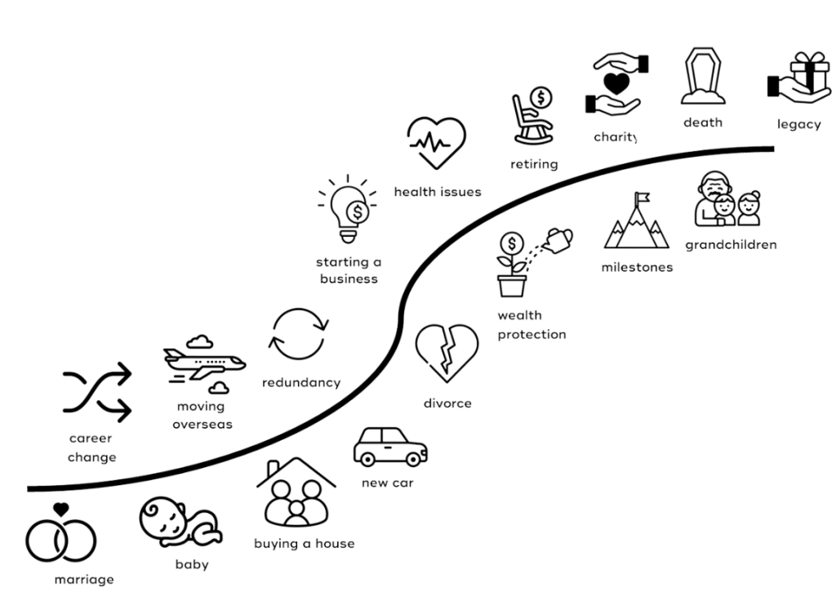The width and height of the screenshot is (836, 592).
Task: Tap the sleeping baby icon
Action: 180,523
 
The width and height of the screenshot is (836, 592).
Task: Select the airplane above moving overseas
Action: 204,363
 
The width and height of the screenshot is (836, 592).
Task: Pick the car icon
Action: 390,447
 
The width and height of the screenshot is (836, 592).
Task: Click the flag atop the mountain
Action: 642,198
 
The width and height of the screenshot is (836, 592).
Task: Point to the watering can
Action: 558,241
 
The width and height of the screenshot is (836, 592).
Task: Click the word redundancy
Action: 301,382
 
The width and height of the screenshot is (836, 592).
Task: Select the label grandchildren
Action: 731,245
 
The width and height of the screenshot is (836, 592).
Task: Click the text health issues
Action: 438,191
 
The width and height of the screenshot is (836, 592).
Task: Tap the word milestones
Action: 637,267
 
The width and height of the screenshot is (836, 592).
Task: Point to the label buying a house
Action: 305,544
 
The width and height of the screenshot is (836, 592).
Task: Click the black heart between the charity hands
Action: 617,83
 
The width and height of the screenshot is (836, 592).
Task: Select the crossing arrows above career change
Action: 97,392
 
